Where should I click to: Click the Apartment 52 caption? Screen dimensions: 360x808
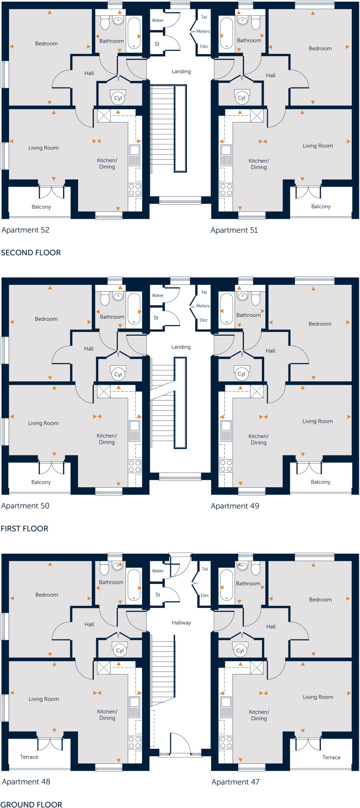[x=26, y=230]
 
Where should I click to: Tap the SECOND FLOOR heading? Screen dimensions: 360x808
[x=31, y=252]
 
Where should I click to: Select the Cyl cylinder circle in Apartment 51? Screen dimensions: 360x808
[x=241, y=98]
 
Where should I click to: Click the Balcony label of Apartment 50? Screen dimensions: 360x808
[x=41, y=482]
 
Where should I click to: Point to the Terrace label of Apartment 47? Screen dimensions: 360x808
[x=331, y=757]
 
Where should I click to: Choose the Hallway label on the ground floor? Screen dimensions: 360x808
[x=181, y=623]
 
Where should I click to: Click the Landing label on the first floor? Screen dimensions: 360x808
[x=181, y=347]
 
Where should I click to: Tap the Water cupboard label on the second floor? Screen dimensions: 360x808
[x=158, y=20]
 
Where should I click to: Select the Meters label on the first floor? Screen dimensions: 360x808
[x=203, y=306]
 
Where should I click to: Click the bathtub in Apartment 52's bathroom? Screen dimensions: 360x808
[x=134, y=32]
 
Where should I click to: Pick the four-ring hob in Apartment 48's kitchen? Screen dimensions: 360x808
[x=135, y=743]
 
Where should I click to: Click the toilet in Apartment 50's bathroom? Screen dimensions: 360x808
[x=105, y=299]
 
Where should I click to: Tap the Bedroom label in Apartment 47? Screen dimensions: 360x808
[x=320, y=599]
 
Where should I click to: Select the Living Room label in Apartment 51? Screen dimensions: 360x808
[x=318, y=146]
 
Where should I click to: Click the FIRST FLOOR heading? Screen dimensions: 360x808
[x=24, y=529]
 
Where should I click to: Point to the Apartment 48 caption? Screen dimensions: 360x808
[x=26, y=782]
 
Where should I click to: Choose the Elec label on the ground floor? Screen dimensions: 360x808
[x=205, y=595]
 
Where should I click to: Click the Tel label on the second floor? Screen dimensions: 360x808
[x=204, y=17]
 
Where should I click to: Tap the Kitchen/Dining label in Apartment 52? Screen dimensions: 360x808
[x=107, y=163]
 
